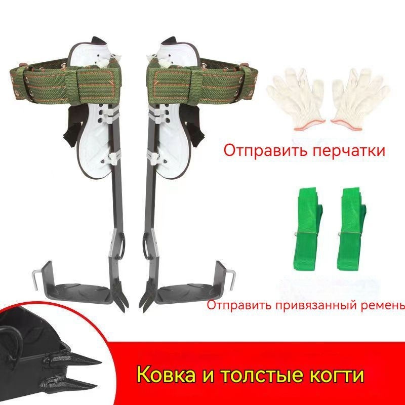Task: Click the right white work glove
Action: [360, 98]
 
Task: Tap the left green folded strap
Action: [308, 229]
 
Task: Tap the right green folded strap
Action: [351, 229]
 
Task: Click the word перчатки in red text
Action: [349, 150]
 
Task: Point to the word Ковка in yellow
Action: [166, 375]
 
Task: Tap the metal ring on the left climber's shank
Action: [123, 244]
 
